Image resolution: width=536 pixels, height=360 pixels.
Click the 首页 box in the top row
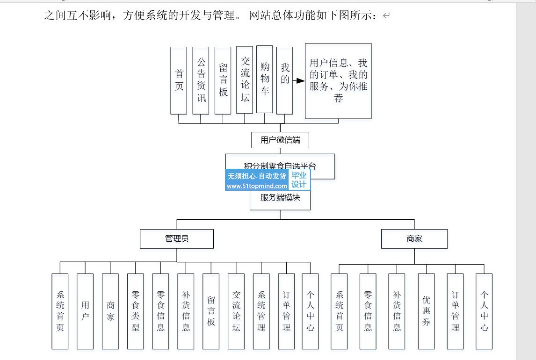pos(179,80)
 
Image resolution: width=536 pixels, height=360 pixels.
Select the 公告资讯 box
pos(201,80)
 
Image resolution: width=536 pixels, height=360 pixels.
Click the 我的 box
pos(284,80)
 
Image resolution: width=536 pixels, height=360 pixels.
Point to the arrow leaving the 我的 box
pos(299,80)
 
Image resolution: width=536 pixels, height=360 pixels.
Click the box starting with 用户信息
pos(338,81)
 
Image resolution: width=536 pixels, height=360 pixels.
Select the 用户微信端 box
pos(280,140)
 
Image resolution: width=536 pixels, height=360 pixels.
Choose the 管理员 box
pos(177,238)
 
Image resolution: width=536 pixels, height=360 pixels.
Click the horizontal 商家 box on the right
pos(414,238)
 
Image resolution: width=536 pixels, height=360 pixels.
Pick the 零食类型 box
pos(135,311)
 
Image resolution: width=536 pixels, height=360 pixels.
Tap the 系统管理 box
pos(261,311)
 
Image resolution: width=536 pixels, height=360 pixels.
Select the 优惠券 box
pos(426,311)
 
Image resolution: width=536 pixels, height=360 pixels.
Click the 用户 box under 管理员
pos(85,311)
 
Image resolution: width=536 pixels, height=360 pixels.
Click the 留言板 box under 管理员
pos(211,311)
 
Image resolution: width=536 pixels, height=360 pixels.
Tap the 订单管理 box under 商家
pos(455,311)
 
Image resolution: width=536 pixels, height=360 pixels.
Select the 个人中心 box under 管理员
pos(310,311)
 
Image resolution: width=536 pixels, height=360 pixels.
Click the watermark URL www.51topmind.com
pos(257,186)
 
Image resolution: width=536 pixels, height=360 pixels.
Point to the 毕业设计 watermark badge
pos(299,180)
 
